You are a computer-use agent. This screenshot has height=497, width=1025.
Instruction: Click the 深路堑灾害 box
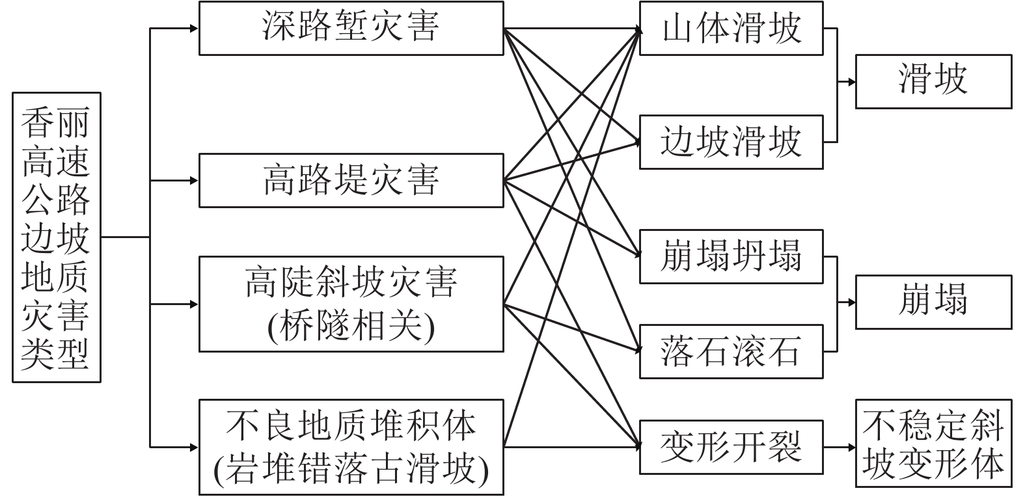click(x=351, y=28)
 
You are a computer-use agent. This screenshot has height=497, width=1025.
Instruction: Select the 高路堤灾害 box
click(x=351, y=180)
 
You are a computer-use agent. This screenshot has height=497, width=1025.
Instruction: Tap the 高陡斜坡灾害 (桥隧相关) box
click(x=351, y=304)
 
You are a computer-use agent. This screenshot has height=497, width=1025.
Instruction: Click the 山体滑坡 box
click(x=731, y=28)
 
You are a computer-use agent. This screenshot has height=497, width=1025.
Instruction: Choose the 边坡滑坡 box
click(x=731, y=142)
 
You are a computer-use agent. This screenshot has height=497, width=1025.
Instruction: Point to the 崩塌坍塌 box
click(x=731, y=256)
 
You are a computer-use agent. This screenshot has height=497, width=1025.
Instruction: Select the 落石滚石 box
click(x=731, y=351)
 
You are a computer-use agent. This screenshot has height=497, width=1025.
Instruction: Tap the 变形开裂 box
click(x=731, y=447)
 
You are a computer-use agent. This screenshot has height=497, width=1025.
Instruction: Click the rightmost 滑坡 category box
click(x=933, y=81)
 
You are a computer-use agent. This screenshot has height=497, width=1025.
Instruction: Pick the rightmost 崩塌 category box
click(x=933, y=302)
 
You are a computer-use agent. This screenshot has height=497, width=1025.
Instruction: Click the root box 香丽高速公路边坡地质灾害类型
click(x=56, y=237)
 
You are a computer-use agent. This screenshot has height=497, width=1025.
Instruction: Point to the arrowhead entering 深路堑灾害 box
click(x=193, y=29)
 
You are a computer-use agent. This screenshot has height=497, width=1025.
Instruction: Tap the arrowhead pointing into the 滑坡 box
click(x=851, y=82)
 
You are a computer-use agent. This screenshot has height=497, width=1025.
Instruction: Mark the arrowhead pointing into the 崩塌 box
click(x=851, y=302)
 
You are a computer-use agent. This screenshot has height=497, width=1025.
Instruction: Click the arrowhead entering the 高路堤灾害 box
click(x=193, y=180)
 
